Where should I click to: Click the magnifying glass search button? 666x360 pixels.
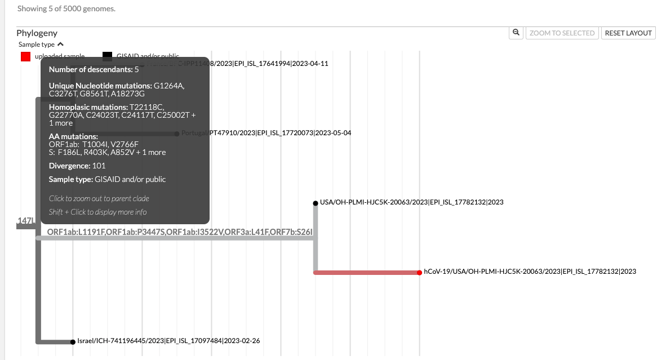(516, 33)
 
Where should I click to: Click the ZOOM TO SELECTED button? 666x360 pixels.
(562, 33)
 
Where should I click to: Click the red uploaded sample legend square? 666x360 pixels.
(25, 56)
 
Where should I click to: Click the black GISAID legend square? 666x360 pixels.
(107, 56)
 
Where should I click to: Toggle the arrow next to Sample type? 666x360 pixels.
(61, 44)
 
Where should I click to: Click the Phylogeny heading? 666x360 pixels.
(37, 33)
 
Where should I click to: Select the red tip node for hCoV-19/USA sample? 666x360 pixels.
(420, 272)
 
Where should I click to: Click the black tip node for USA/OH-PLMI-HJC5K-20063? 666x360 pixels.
(315, 203)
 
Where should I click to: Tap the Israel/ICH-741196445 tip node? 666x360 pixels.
(73, 341)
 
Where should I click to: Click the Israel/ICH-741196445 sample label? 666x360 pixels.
(168, 340)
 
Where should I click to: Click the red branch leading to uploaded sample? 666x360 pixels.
(366, 272)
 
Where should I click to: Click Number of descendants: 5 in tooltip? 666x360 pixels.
(94, 70)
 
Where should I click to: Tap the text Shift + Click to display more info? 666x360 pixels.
(97, 212)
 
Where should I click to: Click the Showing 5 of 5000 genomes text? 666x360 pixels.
(66, 9)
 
